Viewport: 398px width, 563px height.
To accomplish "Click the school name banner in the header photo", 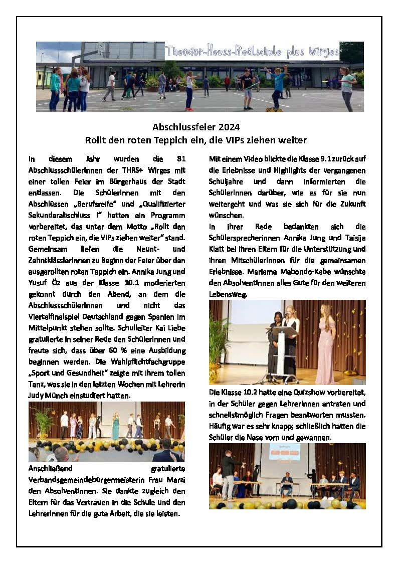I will point(252,52).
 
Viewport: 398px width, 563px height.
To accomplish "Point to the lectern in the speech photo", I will point(277,351).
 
